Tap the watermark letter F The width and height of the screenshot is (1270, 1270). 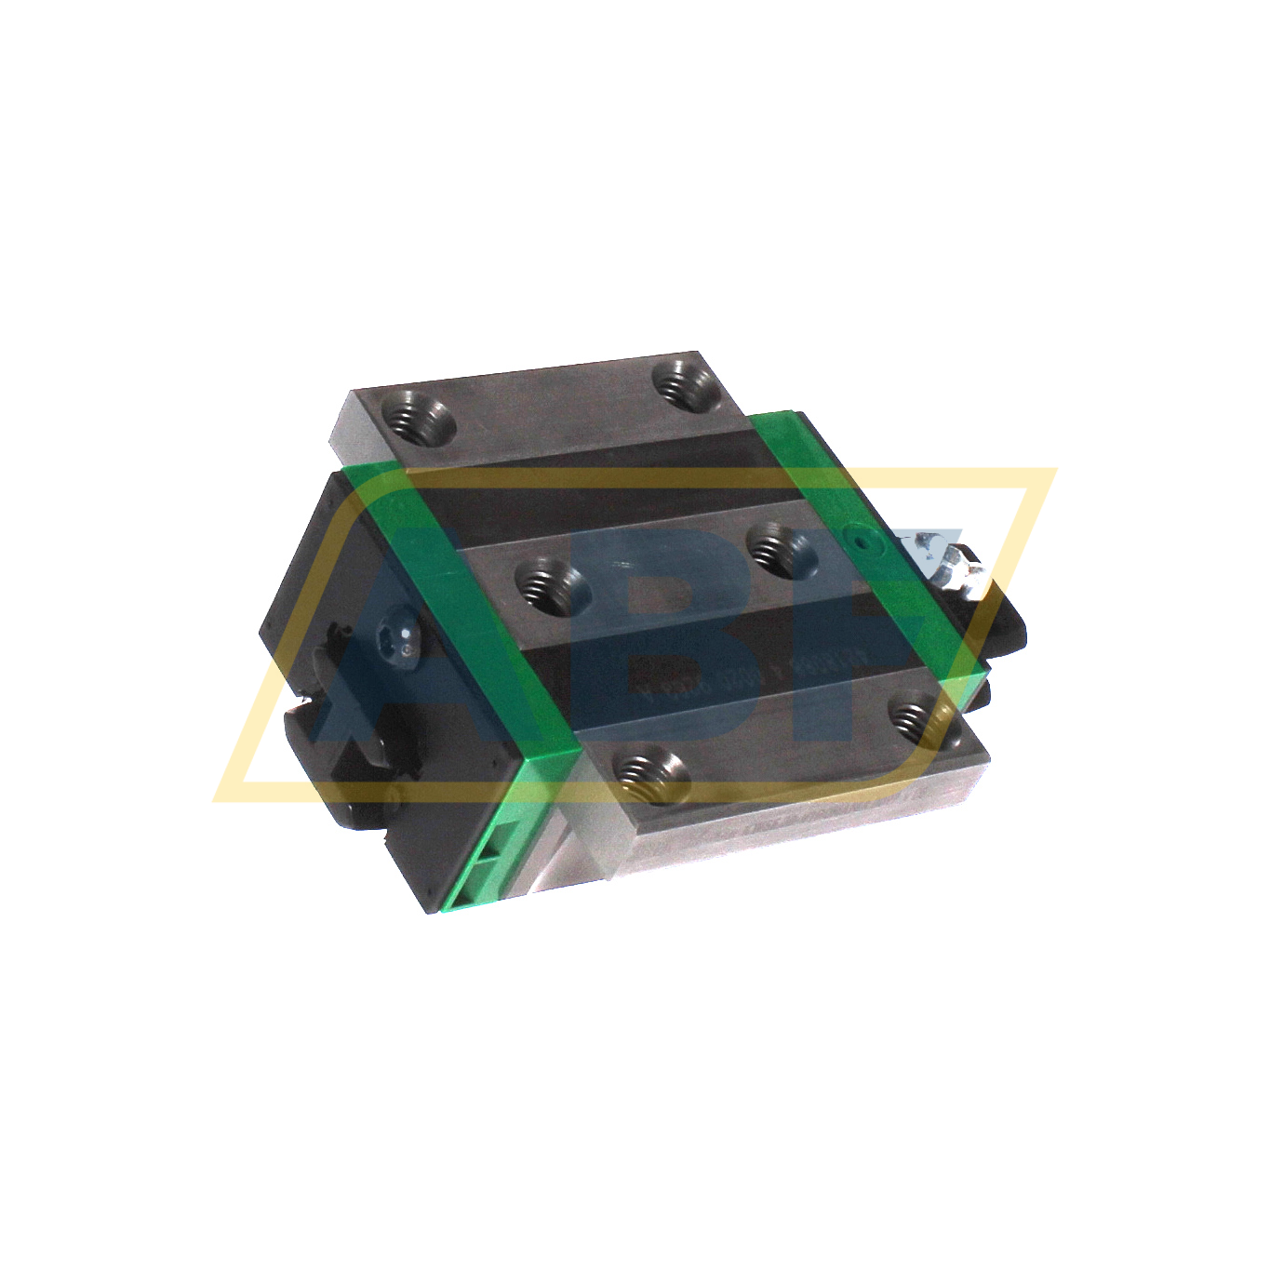tap(921, 605)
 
